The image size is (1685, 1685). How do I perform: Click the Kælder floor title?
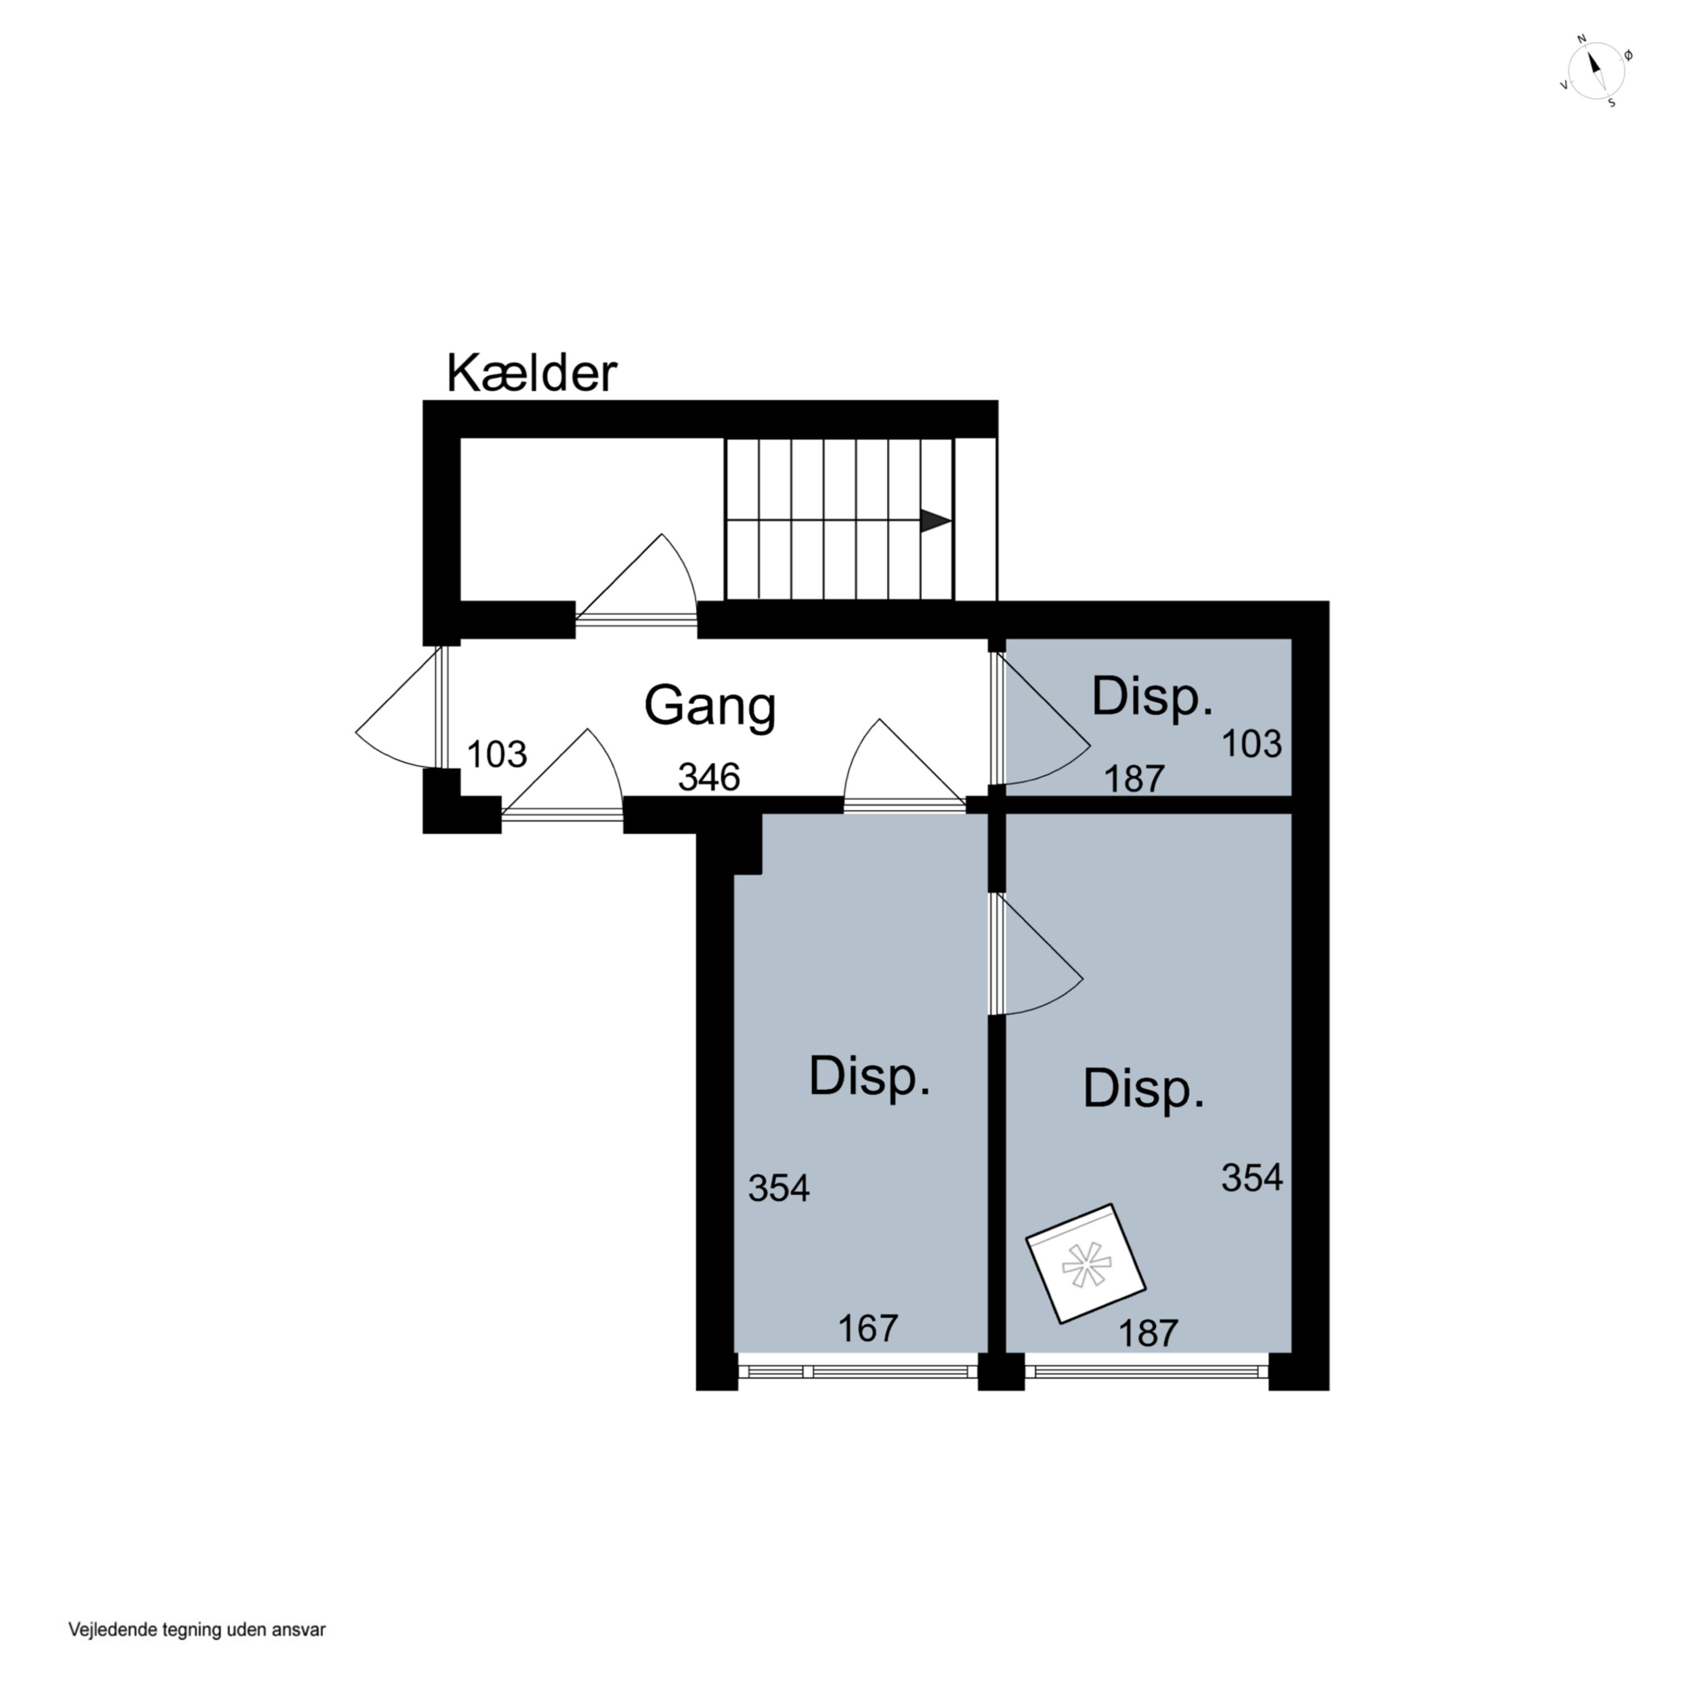point(531,374)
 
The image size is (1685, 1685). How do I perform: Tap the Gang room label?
point(710,707)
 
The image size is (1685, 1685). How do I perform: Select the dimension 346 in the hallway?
point(709,777)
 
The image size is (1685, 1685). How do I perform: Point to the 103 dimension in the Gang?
point(497,754)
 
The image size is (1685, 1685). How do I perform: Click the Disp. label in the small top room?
point(1152,697)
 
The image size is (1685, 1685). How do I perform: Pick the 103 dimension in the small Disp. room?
point(1251,744)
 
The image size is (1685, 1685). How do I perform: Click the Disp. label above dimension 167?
point(869,1077)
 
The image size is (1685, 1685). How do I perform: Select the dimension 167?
point(868,1328)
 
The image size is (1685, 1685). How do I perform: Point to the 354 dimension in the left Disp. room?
point(779,1188)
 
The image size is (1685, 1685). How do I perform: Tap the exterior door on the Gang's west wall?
point(404,707)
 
